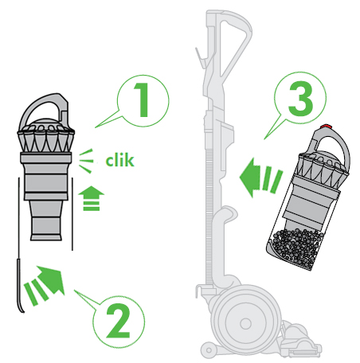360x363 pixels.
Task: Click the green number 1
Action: [x=142, y=100]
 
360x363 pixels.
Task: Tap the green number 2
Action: [x=118, y=321]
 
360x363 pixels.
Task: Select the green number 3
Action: [x=300, y=99]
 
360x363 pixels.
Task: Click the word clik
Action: [x=119, y=161]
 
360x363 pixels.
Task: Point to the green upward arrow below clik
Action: [x=91, y=198]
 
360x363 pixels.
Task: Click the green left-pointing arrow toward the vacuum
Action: [x=261, y=178]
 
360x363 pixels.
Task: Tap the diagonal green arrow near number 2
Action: [x=45, y=285]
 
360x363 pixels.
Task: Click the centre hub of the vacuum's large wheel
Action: [x=245, y=323]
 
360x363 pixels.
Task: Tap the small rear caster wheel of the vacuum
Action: [x=209, y=350]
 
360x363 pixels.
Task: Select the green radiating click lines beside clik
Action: [x=86, y=161]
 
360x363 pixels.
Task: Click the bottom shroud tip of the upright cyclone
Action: [x=46, y=236]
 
